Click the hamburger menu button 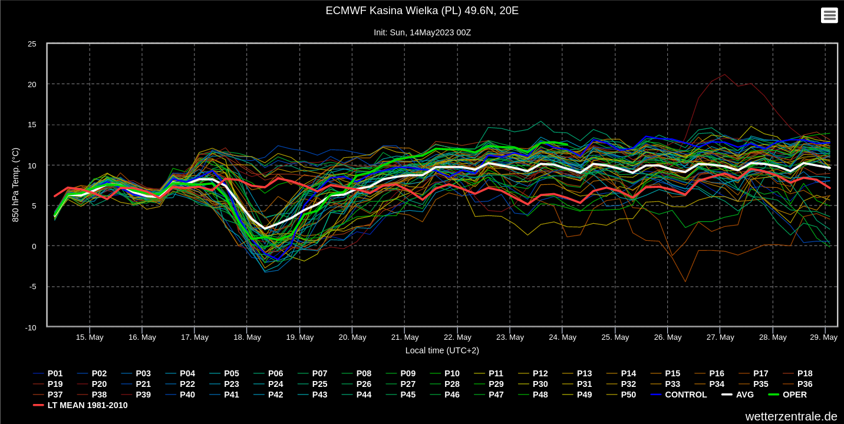point(829,15)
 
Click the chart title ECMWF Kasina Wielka point(422,11)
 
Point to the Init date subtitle point(422,32)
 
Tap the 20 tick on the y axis point(32,84)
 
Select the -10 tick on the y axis point(31,327)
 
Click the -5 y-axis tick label point(32,287)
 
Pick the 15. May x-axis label point(90,337)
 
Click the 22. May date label point(457,337)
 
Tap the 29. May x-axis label point(823,337)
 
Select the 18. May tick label point(247,337)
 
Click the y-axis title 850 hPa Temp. point(16,185)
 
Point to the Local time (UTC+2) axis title point(442,350)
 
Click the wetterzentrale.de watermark point(791,416)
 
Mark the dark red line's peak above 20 point(724,74)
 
